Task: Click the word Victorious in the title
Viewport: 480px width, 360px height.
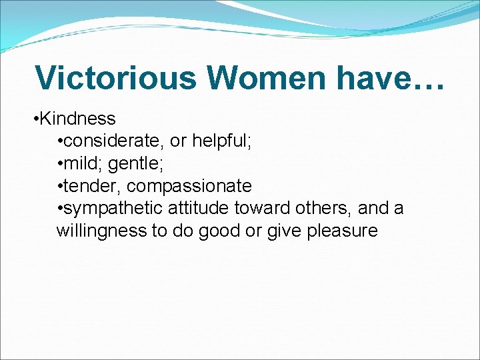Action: coord(115,77)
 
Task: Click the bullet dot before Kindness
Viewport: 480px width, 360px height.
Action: coord(35,119)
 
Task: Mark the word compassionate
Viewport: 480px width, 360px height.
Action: coord(189,186)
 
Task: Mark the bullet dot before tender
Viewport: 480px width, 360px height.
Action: coord(60,187)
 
